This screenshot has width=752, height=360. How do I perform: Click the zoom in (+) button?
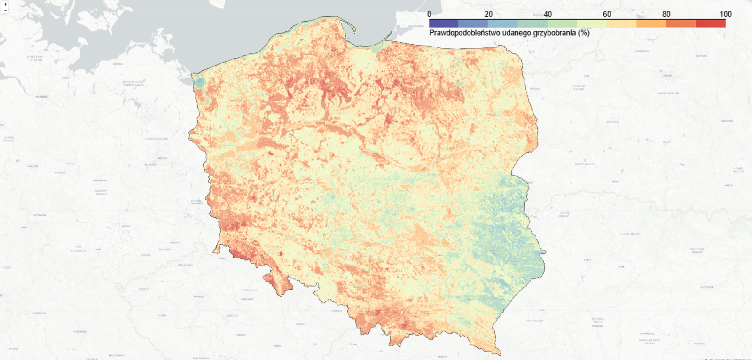click(5, 4)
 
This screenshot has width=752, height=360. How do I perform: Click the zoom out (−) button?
click(5, 10)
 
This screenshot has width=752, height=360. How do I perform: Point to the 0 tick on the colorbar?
click(429, 14)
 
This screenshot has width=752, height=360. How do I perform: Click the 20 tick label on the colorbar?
click(488, 14)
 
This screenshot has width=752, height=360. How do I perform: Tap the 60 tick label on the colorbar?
click(607, 14)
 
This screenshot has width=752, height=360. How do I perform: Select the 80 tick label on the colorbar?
click(666, 14)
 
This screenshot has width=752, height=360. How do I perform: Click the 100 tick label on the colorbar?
click(725, 14)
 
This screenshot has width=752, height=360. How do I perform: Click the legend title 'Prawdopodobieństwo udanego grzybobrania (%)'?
click(509, 33)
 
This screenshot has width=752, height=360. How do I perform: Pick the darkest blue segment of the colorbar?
click(444, 23)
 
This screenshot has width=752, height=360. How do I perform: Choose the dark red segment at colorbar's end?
click(711, 23)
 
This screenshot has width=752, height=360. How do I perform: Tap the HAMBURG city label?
click(41, 97)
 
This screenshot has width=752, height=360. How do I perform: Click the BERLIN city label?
click(163, 158)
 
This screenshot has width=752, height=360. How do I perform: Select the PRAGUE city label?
click(199, 297)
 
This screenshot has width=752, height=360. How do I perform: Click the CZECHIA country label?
click(232, 316)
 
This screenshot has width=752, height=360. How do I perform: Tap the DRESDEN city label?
click(175, 243)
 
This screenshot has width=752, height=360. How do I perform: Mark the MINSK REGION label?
click(668, 93)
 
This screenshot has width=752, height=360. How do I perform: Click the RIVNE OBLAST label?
click(630, 234)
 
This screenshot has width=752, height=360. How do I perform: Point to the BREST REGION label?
click(585, 164)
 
